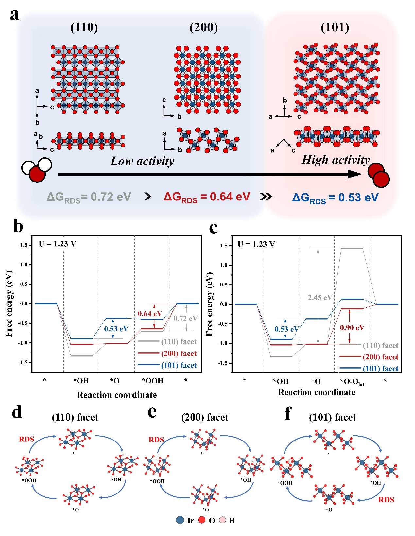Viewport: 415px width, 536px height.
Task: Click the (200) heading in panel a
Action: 203,27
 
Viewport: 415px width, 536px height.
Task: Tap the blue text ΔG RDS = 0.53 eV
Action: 335,198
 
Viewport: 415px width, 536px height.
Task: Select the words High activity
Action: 336,160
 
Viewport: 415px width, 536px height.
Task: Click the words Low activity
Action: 142,161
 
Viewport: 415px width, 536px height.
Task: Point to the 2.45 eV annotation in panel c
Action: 320,298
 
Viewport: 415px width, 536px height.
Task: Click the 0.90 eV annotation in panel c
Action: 352,328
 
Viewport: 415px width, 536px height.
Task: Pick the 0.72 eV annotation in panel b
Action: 185,318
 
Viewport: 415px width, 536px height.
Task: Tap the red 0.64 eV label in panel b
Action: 150,314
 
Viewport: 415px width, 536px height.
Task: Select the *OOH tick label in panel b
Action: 152,381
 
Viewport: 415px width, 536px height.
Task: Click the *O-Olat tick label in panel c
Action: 352,382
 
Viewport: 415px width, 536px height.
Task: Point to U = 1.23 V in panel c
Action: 256,244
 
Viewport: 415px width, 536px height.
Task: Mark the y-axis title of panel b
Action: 9,303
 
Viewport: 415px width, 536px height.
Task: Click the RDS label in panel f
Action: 386,500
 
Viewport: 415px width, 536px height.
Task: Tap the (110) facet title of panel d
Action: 75,417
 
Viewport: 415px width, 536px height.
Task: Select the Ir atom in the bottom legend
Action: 180,520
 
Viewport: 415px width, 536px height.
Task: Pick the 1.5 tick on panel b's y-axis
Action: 24,245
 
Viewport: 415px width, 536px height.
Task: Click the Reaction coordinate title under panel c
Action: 316,392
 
